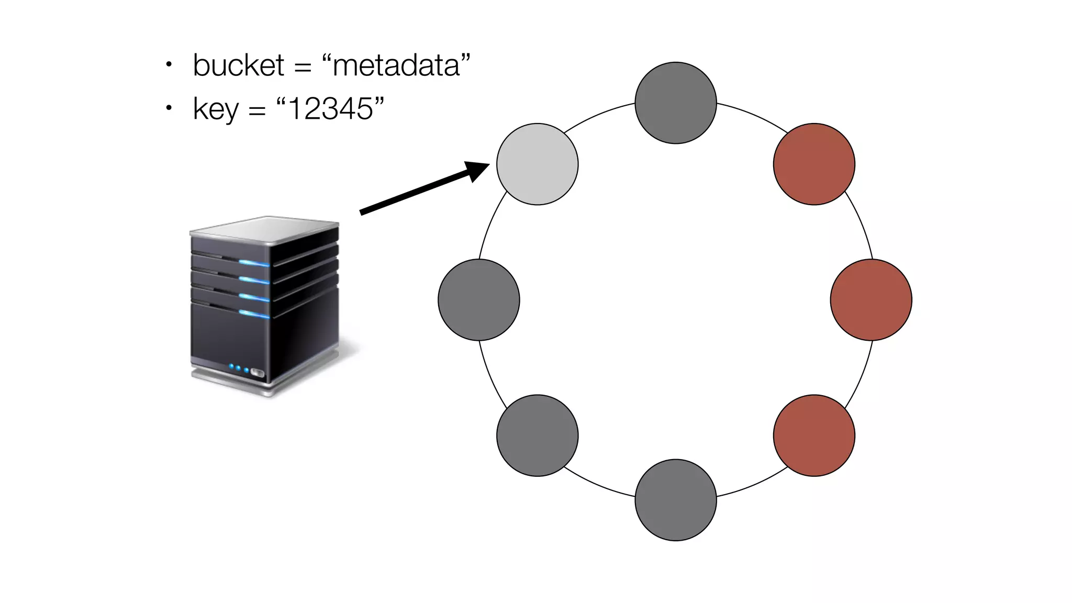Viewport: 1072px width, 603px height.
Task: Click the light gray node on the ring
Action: pos(537,164)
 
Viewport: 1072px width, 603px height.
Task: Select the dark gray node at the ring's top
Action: pos(675,103)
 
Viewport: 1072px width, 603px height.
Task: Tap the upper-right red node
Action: pos(814,164)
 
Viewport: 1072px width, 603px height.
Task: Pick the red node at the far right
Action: pos(871,299)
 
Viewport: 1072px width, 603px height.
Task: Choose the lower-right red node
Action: pos(814,435)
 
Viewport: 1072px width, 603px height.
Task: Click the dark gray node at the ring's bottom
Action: pos(675,500)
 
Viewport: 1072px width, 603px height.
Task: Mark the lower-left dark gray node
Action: pos(537,435)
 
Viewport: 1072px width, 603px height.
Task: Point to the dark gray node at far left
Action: pos(478,299)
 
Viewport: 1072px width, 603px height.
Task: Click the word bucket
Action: pos(238,65)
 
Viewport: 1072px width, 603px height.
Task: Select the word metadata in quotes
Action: pos(396,66)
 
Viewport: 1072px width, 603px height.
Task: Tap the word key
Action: pos(216,109)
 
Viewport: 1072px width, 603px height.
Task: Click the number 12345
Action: pos(330,109)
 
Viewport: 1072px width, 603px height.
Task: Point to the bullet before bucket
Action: pos(169,65)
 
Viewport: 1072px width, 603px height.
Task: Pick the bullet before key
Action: pos(169,108)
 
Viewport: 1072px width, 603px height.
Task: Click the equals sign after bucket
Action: pos(303,68)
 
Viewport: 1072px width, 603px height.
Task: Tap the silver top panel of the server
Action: pos(264,229)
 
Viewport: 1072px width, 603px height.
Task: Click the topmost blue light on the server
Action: pos(254,262)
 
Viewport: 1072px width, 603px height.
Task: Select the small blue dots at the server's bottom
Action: pos(239,368)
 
